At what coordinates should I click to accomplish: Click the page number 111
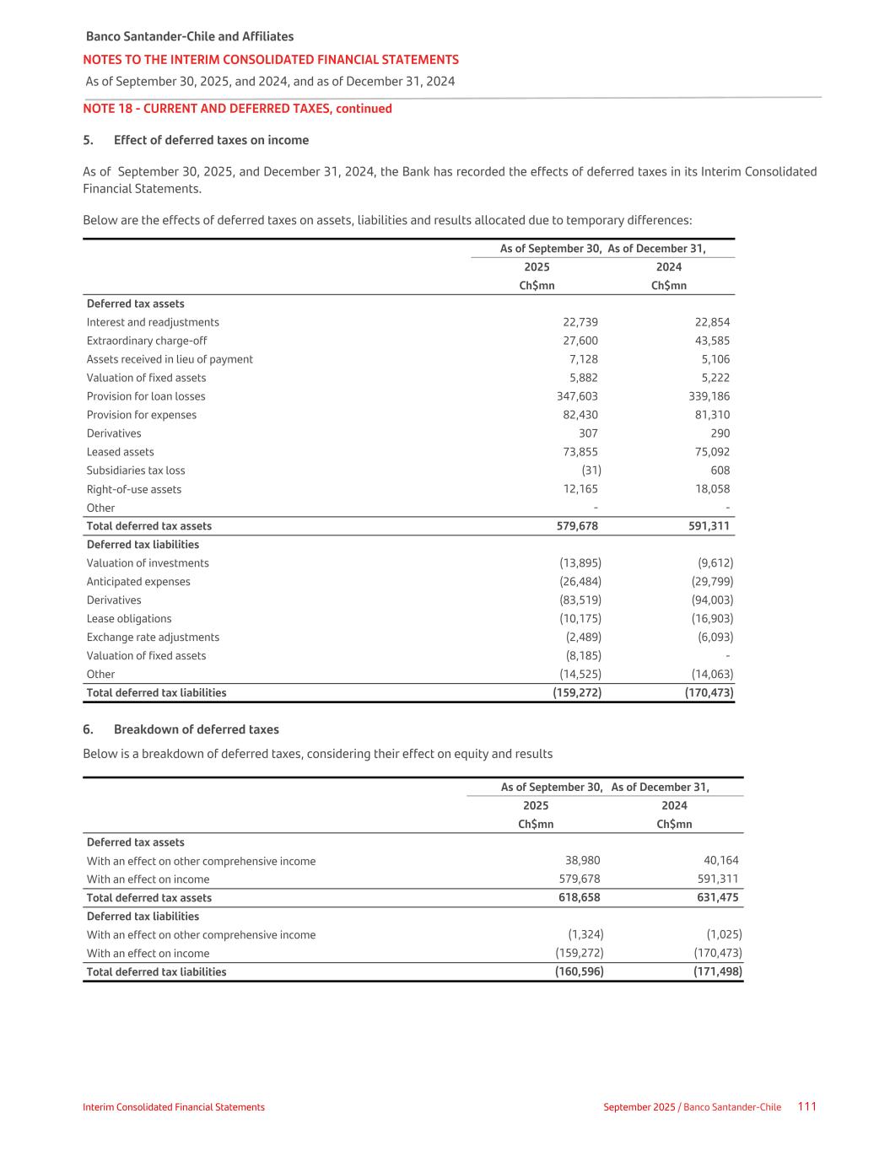pyautogui.click(x=806, y=1106)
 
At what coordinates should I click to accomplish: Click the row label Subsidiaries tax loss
pyautogui.click(x=136, y=471)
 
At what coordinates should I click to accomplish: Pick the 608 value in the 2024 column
pyautogui.click(x=720, y=471)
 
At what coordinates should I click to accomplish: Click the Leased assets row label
pyautogui.click(x=121, y=452)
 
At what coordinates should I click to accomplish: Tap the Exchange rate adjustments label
pyautogui.click(x=153, y=637)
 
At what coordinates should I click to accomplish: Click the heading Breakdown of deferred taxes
pyautogui.click(x=196, y=729)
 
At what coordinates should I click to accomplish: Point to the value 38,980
pyautogui.click(x=582, y=861)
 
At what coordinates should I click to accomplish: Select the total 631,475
pyautogui.click(x=716, y=898)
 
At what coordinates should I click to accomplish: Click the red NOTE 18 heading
pyautogui.click(x=237, y=109)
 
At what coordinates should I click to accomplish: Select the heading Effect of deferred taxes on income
pyautogui.click(x=211, y=140)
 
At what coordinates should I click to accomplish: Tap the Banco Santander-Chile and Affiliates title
pyautogui.click(x=190, y=36)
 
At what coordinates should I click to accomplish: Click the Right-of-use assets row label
pyautogui.click(x=134, y=489)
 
